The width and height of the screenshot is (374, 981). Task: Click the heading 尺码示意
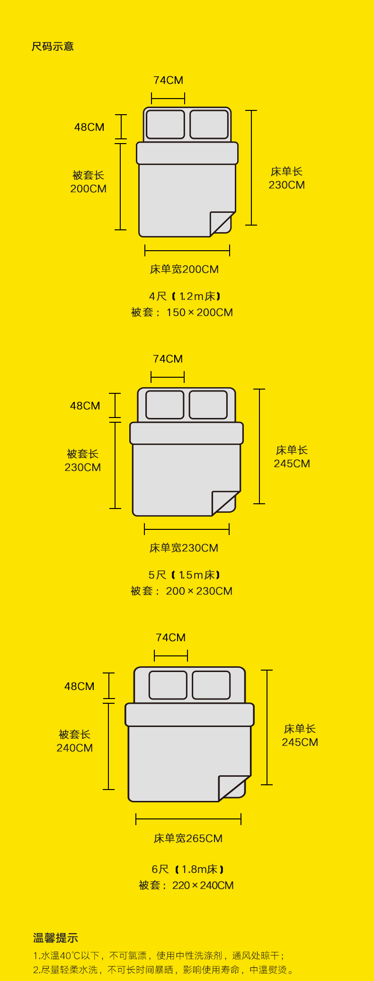[53, 46]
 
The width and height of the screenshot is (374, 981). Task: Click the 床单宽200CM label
[184, 269]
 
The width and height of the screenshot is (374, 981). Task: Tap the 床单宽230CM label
[184, 548]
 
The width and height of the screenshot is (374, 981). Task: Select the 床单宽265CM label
[188, 838]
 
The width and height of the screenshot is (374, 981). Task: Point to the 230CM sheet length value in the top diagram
[286, 185]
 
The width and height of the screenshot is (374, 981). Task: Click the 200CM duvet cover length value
[88, 189]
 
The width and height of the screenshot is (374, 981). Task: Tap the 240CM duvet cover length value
[74, 748]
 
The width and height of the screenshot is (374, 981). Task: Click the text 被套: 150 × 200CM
[182, 312]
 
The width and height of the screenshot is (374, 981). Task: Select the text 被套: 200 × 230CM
[181, 591]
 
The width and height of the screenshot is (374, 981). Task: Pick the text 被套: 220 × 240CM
[186, 885]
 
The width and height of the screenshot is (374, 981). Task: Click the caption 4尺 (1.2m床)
[185, 296]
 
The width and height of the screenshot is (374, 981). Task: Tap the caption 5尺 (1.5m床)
[184, 575]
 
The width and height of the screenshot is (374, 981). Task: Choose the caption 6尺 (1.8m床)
[187, 869]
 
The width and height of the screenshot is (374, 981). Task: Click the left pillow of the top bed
[165, 124]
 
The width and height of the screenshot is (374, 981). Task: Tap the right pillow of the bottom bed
[211, 685]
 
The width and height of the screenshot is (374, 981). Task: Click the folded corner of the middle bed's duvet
[224, 502]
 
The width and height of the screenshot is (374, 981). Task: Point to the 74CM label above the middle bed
[168, 359]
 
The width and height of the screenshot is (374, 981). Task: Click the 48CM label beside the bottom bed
[79, 686]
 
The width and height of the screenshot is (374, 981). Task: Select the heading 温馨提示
[55, 938]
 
